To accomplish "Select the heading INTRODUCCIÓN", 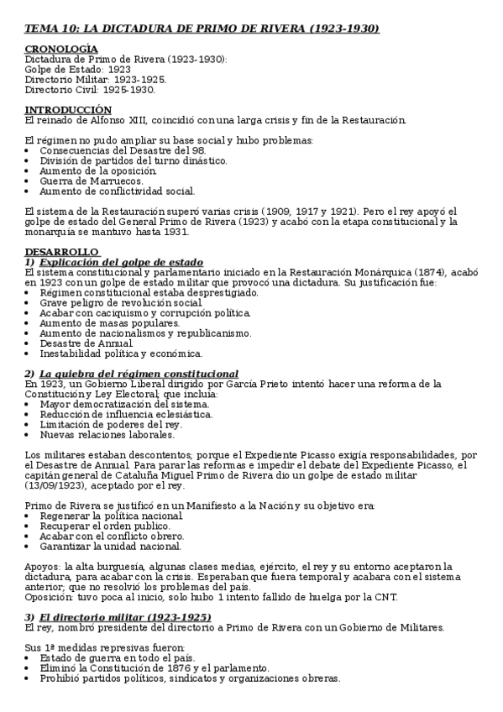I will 67,110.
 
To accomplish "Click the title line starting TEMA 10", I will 202,29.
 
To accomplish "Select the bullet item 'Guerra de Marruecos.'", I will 91,180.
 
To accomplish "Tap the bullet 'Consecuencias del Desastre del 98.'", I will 123,149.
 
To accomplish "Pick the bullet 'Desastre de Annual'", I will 86,343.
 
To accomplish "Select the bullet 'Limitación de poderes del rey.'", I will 110,424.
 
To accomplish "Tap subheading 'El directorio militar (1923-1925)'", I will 126,616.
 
